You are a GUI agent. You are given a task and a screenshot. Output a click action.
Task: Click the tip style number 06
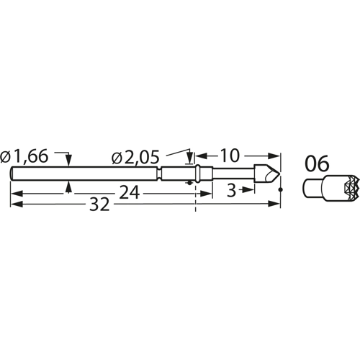tap(318, 163)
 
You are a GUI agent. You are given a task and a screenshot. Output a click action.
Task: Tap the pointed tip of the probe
tap(278, 174)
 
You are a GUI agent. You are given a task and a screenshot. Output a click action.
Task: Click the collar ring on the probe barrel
tap(197, 174)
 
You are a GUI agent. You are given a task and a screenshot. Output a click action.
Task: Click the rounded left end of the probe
tap(12, 174)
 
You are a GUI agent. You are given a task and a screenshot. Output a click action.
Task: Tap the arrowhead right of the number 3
tap(251, 189)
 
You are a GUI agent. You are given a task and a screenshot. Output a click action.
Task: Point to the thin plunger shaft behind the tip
tap(233, 174)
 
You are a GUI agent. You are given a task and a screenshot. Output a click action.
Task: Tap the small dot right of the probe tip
tap(281, 189)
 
